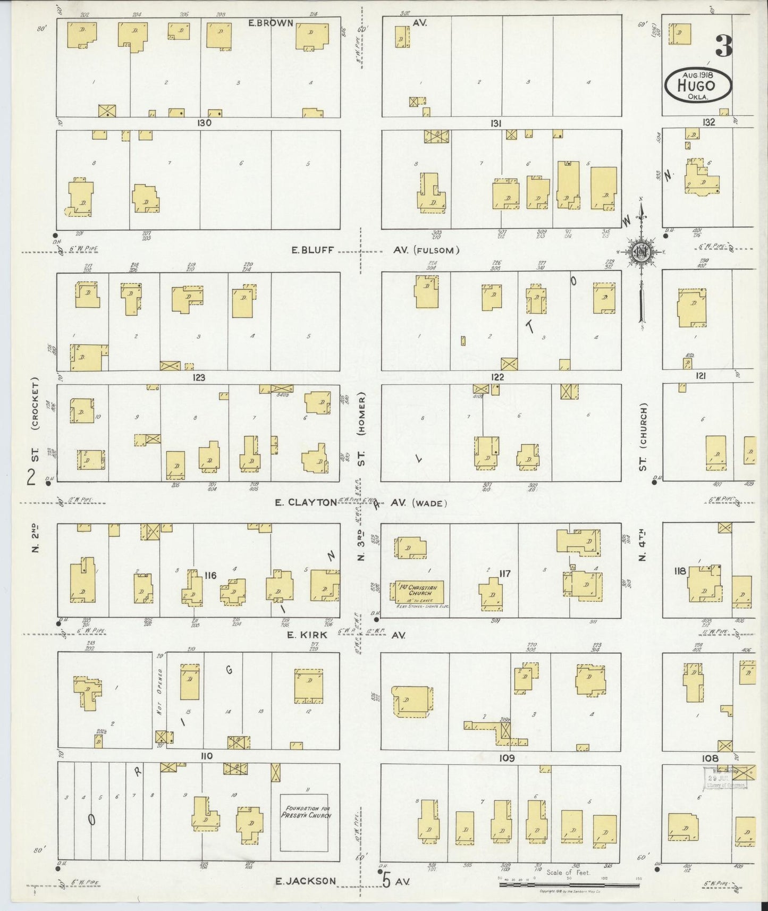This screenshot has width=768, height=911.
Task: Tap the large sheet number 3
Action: pos(723,46)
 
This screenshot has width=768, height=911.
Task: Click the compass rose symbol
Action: pos(641,251)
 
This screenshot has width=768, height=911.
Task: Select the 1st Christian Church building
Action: pos(418,592)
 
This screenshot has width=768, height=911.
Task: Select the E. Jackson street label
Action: pos(305,881)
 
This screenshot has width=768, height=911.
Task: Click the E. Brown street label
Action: pos(271,23)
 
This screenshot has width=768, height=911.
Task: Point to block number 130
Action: pos(204,123)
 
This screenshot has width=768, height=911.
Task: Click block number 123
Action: pos(199,378)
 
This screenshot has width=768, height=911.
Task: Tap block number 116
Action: pos(210,575)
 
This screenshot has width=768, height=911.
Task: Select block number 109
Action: pos(507,758)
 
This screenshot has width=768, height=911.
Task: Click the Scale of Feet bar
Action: pos(569,885)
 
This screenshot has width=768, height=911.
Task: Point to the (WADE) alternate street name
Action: pos(429,503)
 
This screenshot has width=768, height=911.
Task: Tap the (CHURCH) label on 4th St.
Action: pos(643,424)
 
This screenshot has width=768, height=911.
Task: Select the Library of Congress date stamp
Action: pos(725,778)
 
